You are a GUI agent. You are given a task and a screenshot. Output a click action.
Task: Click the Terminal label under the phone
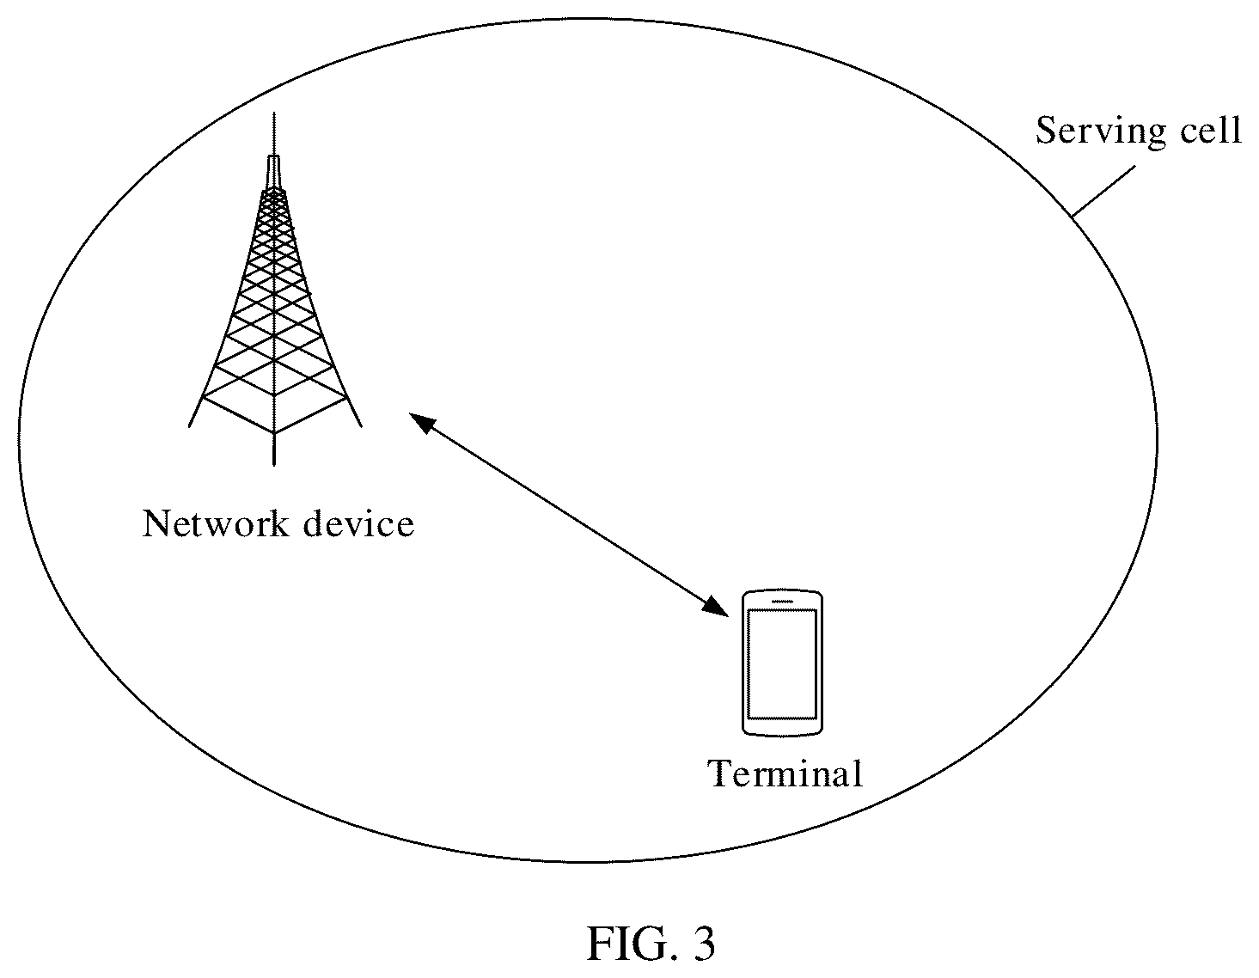click(x=785, y=773)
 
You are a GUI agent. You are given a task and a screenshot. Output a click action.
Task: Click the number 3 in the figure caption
click(x=703, y=944)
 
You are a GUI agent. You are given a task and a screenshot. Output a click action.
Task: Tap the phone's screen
click(x=781, y=664)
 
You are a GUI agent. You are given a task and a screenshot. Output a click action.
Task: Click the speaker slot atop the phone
click(x=782, y=601)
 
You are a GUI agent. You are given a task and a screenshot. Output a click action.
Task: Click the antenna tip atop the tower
click(x=274, y=113)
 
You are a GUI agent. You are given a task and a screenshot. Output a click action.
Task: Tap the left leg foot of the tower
click(x=190, y=426)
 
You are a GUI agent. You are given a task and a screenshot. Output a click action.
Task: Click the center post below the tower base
click(x=274, y=449)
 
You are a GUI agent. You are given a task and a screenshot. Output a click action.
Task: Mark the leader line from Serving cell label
click(x=1103, y=192)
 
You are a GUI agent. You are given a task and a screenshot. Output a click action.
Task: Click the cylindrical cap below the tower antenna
click(x=274, y=172)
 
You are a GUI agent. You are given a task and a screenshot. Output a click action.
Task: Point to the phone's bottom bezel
click(x=782, y=728)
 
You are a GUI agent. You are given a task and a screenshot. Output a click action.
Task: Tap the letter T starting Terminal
click(x=720, y=773)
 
